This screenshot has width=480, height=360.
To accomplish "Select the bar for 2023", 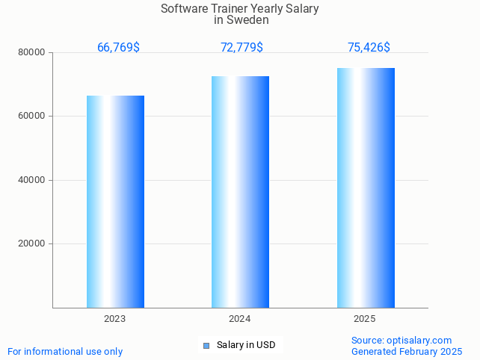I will (115, 202).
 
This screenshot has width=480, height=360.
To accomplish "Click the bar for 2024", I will (240, 192).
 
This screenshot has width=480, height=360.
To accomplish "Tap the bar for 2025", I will (366, 187).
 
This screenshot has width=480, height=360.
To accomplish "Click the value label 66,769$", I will (118, 48).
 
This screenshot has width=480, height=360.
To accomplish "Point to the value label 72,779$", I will (241, 48).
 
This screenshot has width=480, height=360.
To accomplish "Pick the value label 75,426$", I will (369, 48).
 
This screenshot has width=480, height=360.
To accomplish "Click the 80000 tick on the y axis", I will (33, 53).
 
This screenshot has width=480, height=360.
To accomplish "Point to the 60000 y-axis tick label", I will (33, 117).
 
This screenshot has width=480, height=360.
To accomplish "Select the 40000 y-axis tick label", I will (33, 180).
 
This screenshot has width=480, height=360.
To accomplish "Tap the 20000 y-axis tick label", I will (33, 243).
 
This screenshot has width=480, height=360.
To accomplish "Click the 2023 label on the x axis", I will (115, 319).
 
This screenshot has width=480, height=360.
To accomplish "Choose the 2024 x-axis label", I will (240, 319).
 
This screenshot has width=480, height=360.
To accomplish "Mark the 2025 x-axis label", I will (365, 319).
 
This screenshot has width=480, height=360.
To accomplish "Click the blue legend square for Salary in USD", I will (206, 345).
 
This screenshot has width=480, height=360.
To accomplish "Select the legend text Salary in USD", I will (246, 345).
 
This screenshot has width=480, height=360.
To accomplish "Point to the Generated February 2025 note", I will (407, 351).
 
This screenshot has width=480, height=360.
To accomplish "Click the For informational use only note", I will (65, 351).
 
